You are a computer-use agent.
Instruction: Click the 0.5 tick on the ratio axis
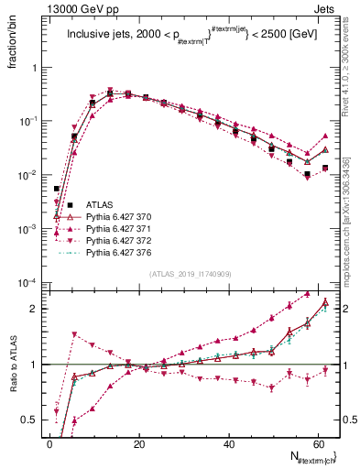29,420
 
